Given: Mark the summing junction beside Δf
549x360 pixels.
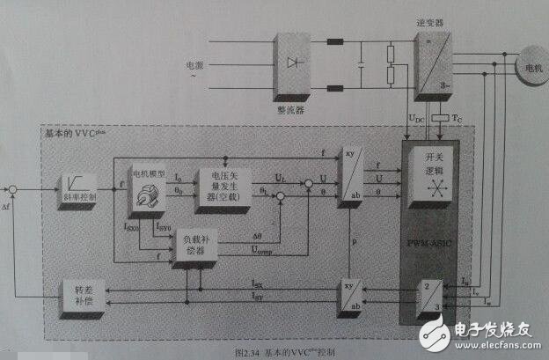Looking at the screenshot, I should pos(12,188).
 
